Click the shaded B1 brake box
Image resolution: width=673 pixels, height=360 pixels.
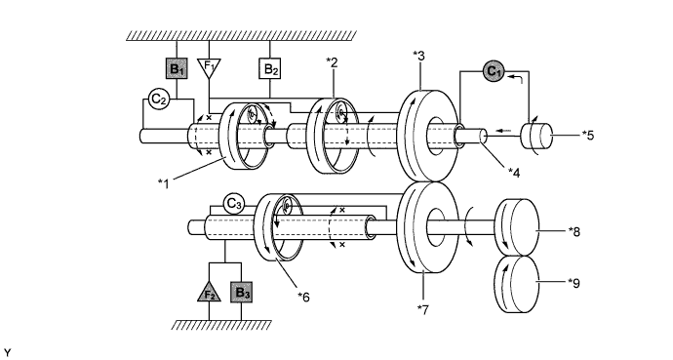[177, 68]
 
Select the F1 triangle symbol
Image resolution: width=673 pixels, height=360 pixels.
[209, 67]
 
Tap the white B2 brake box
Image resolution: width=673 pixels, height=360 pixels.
[269, 68]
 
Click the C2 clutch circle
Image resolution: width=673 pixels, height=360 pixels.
[159, 100]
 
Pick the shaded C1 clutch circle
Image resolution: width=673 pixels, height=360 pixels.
[494, 71]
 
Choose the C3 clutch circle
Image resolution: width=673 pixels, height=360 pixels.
[233, 204]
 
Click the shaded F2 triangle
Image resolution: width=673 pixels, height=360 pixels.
[209, 292]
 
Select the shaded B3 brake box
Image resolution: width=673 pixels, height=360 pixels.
[241, 293]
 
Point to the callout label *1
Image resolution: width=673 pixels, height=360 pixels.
[164, 183]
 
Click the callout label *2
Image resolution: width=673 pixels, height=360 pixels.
[332, 62]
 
